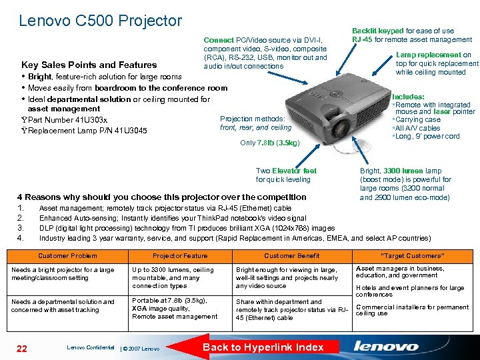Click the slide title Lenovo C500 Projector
(x=101, y=21)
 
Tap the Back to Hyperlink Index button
(x=263, y=347)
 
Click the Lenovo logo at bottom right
(x=387, y=346)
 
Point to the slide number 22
(x=22, y=347)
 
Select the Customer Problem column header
(x=67, y=256)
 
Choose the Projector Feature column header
(x=180, y=256)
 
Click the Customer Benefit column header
(x=291, y=256)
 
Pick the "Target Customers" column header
(x=412, y=256)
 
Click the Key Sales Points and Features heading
(x=89, y=65)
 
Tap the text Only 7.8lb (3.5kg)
(x=269, y=143)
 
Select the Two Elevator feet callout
(x=286, y=175)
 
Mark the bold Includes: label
(x=409, y=97)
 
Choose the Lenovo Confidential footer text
(x=91, y=347)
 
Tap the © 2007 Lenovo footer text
(x=141, y=349)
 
